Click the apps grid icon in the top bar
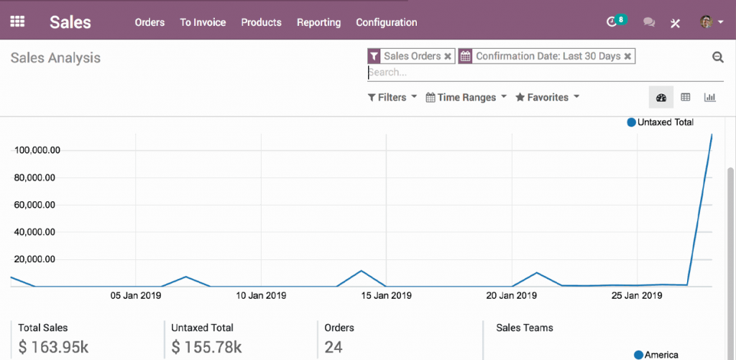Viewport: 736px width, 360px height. [17, 22]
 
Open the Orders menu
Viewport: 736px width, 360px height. [149, 22]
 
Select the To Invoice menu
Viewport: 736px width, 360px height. [203, 22]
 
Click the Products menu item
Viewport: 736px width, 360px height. [261, 22]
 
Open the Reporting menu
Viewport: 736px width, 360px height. [318, 22]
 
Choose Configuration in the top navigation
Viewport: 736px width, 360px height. [386, 22]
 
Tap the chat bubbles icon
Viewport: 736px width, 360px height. [649, 22]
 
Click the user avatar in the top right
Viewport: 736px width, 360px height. [707, 22]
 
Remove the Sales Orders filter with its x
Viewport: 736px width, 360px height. [448, 56]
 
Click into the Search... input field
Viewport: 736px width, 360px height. [503, 73]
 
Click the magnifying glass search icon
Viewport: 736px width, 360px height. [717, 57]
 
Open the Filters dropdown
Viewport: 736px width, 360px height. [392, 98]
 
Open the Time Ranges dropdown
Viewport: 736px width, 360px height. [466, 98]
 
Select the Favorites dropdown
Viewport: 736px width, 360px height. [547, 98]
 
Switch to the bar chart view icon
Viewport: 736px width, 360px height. [709, 98]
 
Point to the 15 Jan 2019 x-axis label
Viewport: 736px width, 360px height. [385, 295]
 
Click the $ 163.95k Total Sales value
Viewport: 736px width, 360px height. [53, 348]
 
